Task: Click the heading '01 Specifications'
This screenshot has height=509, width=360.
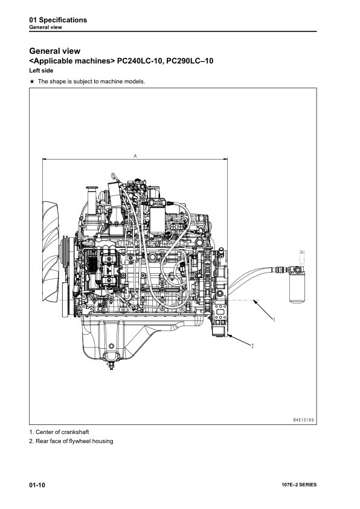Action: coord(58,20)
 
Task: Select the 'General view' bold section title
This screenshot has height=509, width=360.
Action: coord(55,51)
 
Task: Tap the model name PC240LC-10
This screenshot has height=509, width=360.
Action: coord(139,60)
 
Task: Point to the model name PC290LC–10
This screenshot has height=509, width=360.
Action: coord(190,60)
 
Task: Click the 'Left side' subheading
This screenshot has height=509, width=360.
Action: coord(41,71)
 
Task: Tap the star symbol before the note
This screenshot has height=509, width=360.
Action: coord(32,82)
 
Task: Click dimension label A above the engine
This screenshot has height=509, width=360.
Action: coord(135,156)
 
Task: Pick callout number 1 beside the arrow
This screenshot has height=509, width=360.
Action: coord(274,319)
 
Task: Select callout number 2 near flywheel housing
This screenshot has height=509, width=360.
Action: coord(252,346)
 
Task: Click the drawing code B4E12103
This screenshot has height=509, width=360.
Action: coord(304,420)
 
